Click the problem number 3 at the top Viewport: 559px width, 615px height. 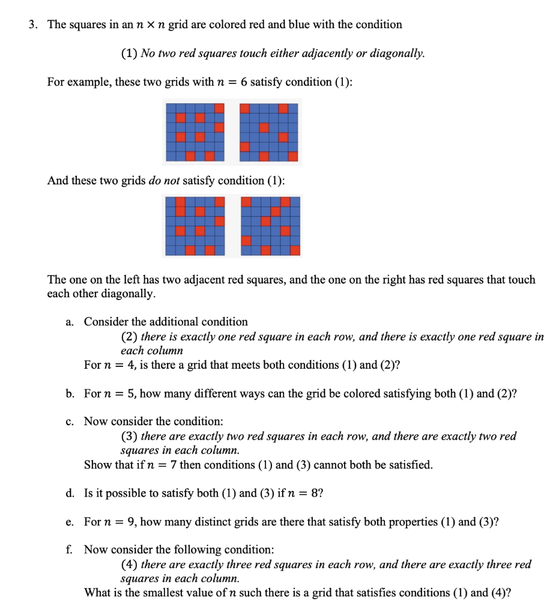pos(34,25)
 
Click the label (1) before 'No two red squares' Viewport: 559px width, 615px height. pos(129,53)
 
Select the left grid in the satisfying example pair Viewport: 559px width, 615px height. pos(195,132)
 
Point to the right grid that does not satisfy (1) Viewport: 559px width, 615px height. pos(270,226)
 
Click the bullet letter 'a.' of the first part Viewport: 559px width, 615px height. pos(70,322)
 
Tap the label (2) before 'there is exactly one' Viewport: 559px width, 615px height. pos(129,337)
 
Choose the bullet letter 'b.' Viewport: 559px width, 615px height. pos(70,394)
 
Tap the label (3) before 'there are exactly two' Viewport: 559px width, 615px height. pos(129,437)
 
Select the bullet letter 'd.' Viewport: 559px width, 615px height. pos(70,494)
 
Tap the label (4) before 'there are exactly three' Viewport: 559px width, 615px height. pos(129,565)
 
